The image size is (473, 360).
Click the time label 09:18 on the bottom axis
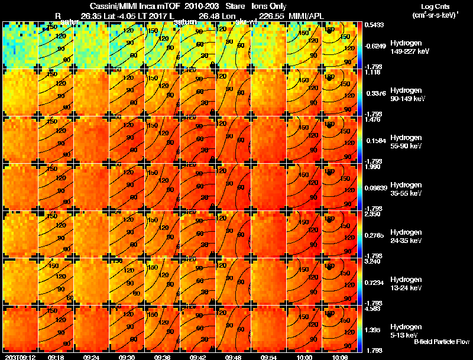tap(56, 357)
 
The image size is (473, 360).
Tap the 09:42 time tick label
tap(198, 357)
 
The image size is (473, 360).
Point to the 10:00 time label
tap(305, 357)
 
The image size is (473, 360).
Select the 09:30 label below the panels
tap(127, 357)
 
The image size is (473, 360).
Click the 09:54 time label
tap(269, 357)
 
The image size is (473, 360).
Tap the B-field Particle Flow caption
tap(442, 342)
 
